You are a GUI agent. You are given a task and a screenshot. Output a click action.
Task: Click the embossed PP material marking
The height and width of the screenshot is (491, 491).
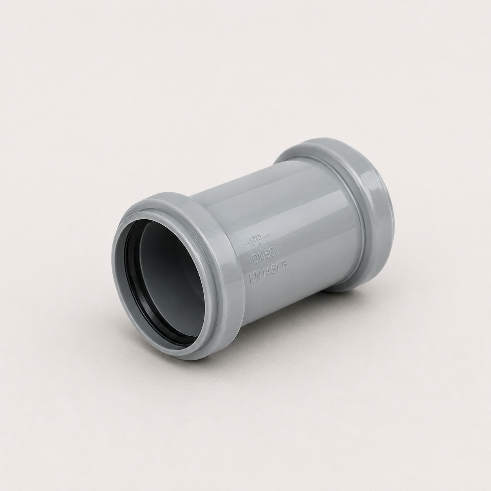(x=257, y=241)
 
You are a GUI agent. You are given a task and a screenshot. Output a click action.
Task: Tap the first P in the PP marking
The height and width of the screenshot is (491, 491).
(x=255, y=242)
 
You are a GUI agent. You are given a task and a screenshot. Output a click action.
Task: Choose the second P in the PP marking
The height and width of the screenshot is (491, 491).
(x=260, y=240)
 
